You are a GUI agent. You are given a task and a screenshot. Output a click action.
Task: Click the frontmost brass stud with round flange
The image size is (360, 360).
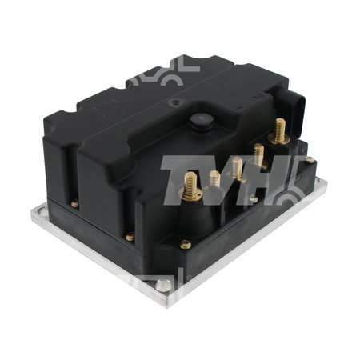[190, 186]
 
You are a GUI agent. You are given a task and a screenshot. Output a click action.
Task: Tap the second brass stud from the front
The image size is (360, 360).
[214, 178]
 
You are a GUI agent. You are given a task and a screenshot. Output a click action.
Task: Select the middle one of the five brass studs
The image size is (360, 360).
[237, 168]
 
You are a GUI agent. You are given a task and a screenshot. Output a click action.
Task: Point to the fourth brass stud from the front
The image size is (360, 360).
[258, 155]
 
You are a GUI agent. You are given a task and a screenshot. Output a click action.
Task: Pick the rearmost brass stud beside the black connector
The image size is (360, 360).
[279, 131]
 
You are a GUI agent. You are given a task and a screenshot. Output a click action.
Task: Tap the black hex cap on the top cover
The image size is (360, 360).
[202, 122]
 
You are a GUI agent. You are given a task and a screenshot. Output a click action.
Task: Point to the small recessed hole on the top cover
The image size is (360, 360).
[174, 102]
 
